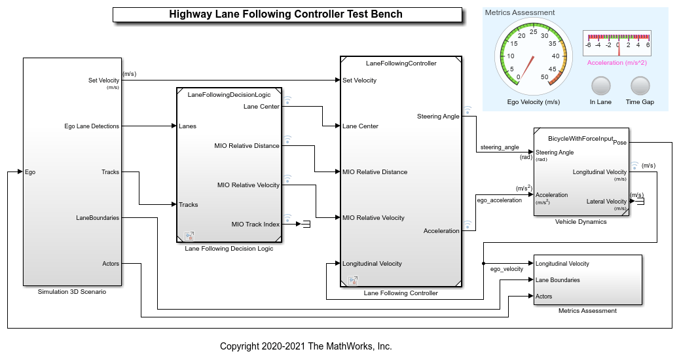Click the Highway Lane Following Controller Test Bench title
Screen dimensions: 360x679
[285, 14]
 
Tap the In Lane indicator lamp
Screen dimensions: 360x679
[600, 86]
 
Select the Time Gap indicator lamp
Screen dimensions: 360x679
[640, 86]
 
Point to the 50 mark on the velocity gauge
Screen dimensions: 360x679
[545, 77]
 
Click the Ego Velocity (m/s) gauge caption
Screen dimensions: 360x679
[534, 102]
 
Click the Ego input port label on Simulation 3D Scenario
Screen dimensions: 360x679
[30, 172]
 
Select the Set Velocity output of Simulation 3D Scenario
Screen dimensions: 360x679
[104, 81]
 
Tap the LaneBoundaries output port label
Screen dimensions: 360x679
[98, 218]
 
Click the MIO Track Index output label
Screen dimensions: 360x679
[255, 225]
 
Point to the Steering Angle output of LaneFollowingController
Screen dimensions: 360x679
[438, 117]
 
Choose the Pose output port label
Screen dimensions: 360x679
[619, 143]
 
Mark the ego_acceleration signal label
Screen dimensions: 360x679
[500, 200]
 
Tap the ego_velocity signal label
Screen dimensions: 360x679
[507, 269]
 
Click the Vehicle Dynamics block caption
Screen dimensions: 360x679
[581, 222]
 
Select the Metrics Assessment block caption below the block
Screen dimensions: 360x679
[587, 311]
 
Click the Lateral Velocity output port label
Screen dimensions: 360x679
[606, 202]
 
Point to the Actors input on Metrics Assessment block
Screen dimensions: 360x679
[544, 297]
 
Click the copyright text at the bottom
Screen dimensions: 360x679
[306, 346]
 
